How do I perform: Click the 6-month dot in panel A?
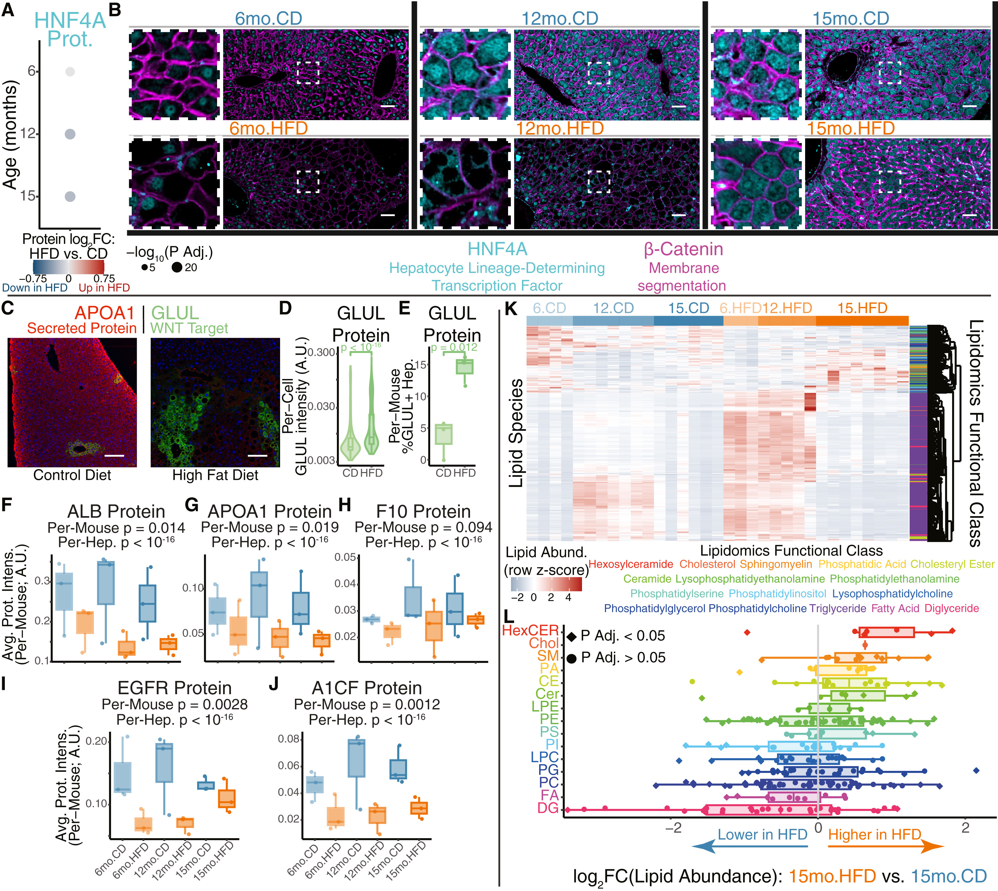click(x=70, y=72)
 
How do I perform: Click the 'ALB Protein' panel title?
click(x=116, y=512)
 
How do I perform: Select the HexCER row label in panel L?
click(x=530, y=631)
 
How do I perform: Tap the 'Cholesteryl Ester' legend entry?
click(x=952, y=564)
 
